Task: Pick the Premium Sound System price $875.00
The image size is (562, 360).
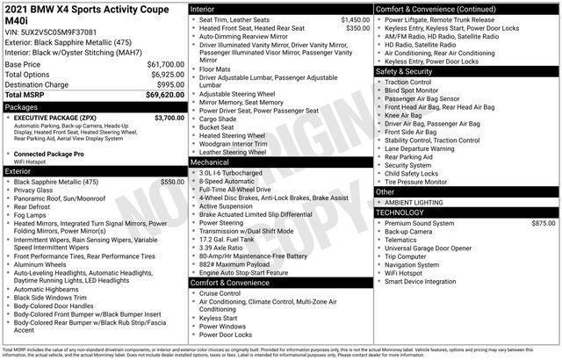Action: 543,224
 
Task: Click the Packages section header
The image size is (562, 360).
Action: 22,105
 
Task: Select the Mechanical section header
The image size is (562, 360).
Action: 210,162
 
